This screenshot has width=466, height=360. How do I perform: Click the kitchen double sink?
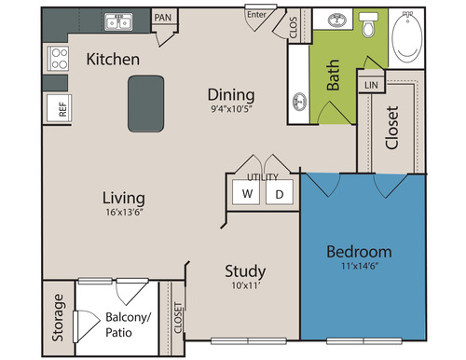[118, 22]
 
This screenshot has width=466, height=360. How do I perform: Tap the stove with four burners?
[58, 59]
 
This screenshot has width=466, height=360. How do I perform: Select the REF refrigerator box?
[60, 108]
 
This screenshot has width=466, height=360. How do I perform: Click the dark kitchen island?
[146, 104]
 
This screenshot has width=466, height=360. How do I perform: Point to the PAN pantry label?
[163, 18]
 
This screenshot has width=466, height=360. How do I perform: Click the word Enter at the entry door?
[256, 15]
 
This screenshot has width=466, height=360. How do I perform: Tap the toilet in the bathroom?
[369, 24]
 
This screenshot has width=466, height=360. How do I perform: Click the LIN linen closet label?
[371, 85]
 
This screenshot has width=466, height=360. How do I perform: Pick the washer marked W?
[247, 192]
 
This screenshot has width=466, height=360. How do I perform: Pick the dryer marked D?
[280, 192]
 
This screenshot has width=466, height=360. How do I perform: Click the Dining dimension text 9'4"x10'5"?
[231, 109]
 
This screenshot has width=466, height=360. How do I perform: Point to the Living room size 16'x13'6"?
[124, 213]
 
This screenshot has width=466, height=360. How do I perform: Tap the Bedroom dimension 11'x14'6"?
[360, 266]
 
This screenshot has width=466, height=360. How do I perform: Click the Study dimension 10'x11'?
[245, 285]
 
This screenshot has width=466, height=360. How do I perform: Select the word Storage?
[58, 318]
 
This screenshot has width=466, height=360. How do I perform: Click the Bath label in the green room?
[333, 75]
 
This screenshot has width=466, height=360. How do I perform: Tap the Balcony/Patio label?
[128, 325]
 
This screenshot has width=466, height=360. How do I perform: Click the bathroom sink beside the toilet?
[337, 21]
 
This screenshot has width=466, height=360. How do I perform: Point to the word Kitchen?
[113, 59]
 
